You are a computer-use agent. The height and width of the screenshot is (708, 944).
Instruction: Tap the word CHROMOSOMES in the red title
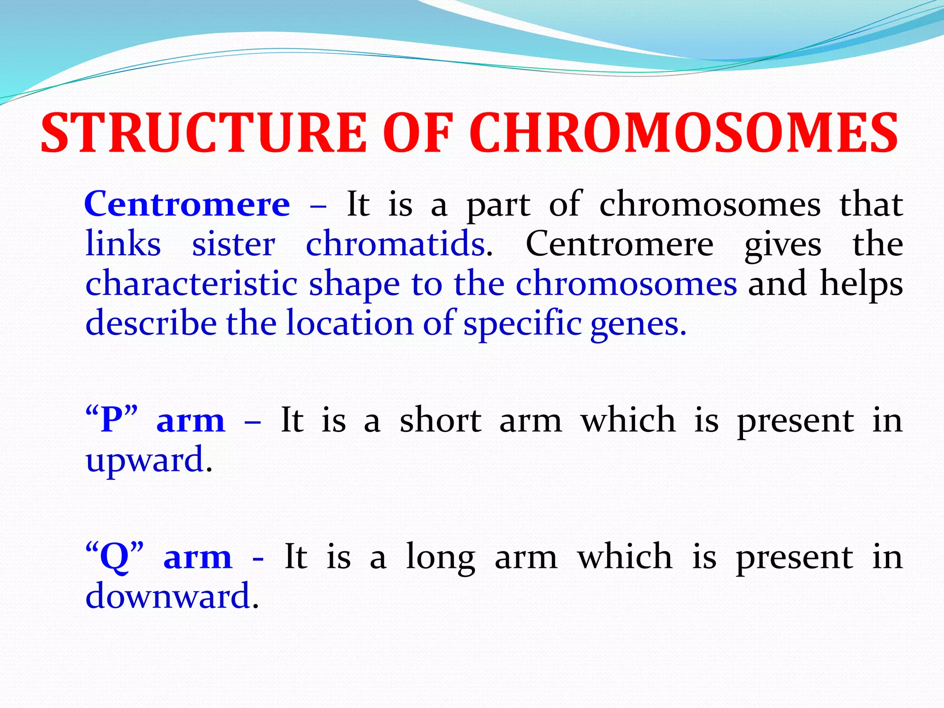(x=684, y=134)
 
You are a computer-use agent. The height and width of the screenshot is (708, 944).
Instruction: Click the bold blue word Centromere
(x=187, y=204)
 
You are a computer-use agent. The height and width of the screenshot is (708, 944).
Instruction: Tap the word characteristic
(x=191, y=284)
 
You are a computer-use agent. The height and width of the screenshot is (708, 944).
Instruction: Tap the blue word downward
(x=168, y=596)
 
